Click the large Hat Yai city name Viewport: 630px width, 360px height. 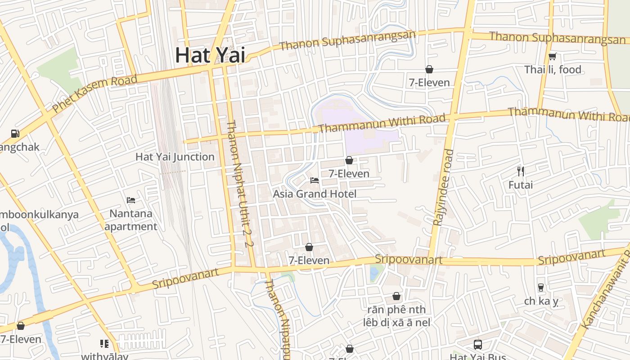210,55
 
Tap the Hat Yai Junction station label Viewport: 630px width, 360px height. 175,157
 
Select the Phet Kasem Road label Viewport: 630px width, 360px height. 94,94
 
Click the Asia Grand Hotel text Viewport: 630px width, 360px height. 315,194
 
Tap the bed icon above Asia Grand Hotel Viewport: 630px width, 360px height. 315,180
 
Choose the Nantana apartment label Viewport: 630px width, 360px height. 131,220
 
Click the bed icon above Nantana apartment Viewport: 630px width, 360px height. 131,200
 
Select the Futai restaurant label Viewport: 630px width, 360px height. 521,185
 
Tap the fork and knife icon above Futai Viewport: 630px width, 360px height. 521,171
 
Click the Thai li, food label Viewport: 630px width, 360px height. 553,70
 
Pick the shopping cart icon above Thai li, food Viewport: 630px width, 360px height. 553,56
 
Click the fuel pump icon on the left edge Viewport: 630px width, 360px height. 15,133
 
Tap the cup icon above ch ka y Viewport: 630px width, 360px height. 541,287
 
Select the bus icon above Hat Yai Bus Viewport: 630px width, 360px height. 478,345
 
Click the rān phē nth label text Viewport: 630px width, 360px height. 396,310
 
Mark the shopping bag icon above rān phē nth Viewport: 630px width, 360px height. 396,296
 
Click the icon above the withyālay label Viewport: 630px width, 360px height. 104,344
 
